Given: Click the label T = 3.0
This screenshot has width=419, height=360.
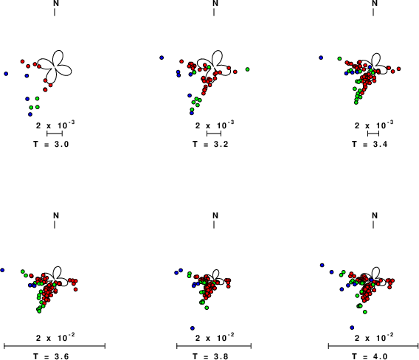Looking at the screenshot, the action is pyautogui.click(x=51, y=145).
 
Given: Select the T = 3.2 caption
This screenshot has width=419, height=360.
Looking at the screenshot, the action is pyautogui.click(x=210, y=145).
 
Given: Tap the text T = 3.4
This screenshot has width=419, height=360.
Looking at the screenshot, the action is pyautogui.click(x=370, y=145).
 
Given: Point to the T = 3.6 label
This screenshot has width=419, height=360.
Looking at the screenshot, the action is pyautogui.click(x=51, y=356).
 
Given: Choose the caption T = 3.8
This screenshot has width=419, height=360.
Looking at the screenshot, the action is pyautogui.click(x=210, y=356).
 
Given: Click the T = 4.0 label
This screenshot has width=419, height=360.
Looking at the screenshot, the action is pyautogui.click(x=370, y=356).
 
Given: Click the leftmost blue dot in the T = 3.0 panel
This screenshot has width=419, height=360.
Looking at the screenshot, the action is pyautogui.click(x=6, y=74).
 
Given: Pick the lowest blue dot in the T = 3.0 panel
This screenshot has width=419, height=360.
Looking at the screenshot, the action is pyautogui.click(x=30, y=114).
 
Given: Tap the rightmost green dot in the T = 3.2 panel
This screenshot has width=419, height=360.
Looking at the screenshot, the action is pyautogui.click(x=247, y=69).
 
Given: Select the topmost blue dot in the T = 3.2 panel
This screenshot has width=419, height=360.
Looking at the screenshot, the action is pyautogui.click(x=162, y=58).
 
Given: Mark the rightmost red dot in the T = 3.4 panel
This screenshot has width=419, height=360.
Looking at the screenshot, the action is pyautogui.click(x=398, y=69).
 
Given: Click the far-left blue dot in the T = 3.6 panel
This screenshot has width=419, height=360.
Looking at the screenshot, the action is pyautogui.click(x=2, y=270).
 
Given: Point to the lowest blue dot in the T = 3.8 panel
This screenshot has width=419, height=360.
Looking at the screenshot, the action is pyautogui.click(x=193, y=328).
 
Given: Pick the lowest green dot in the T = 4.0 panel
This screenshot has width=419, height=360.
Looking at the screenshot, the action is pyautogui.click(x=365, y=312).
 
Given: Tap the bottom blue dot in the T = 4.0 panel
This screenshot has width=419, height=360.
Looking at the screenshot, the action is pyautogui.click(x=352, y=328).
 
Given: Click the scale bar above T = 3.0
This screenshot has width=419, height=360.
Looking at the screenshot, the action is pyautogui.click(x=55, y=134).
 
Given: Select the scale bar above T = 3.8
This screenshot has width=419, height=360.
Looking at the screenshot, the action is pyautogui.click(x=214, y=346).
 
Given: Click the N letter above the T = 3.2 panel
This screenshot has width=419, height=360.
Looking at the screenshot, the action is pyautogui.click(x=215, y=3).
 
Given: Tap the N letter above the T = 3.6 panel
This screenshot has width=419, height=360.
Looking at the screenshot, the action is pyautogui.click(x=56, y=215).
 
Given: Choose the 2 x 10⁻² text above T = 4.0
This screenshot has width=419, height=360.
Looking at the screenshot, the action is pyautogui.click(x=374, y=337).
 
